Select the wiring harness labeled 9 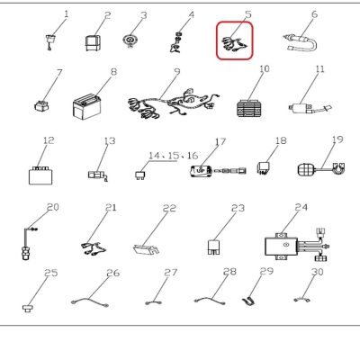[x=173, y=103]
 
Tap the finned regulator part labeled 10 [x=248, y=108]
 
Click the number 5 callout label [x=247, y=14]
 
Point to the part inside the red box [x=235, y=44]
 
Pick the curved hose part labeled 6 [x=301, y=43]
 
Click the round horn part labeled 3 [x=130, y=40]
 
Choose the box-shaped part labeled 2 [x=93, y=42]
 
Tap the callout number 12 [x=49, y=140]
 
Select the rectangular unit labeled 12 [x=41, y=175]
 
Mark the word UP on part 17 [x=201, y=170]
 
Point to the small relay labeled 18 [x=263, y=168]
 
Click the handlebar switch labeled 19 [x=321, y=168]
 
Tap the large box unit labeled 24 [x=297, y=245]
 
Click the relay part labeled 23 [x=214, y=247]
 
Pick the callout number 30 [x=317, y=272]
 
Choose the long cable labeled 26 [x=90, y=301]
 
